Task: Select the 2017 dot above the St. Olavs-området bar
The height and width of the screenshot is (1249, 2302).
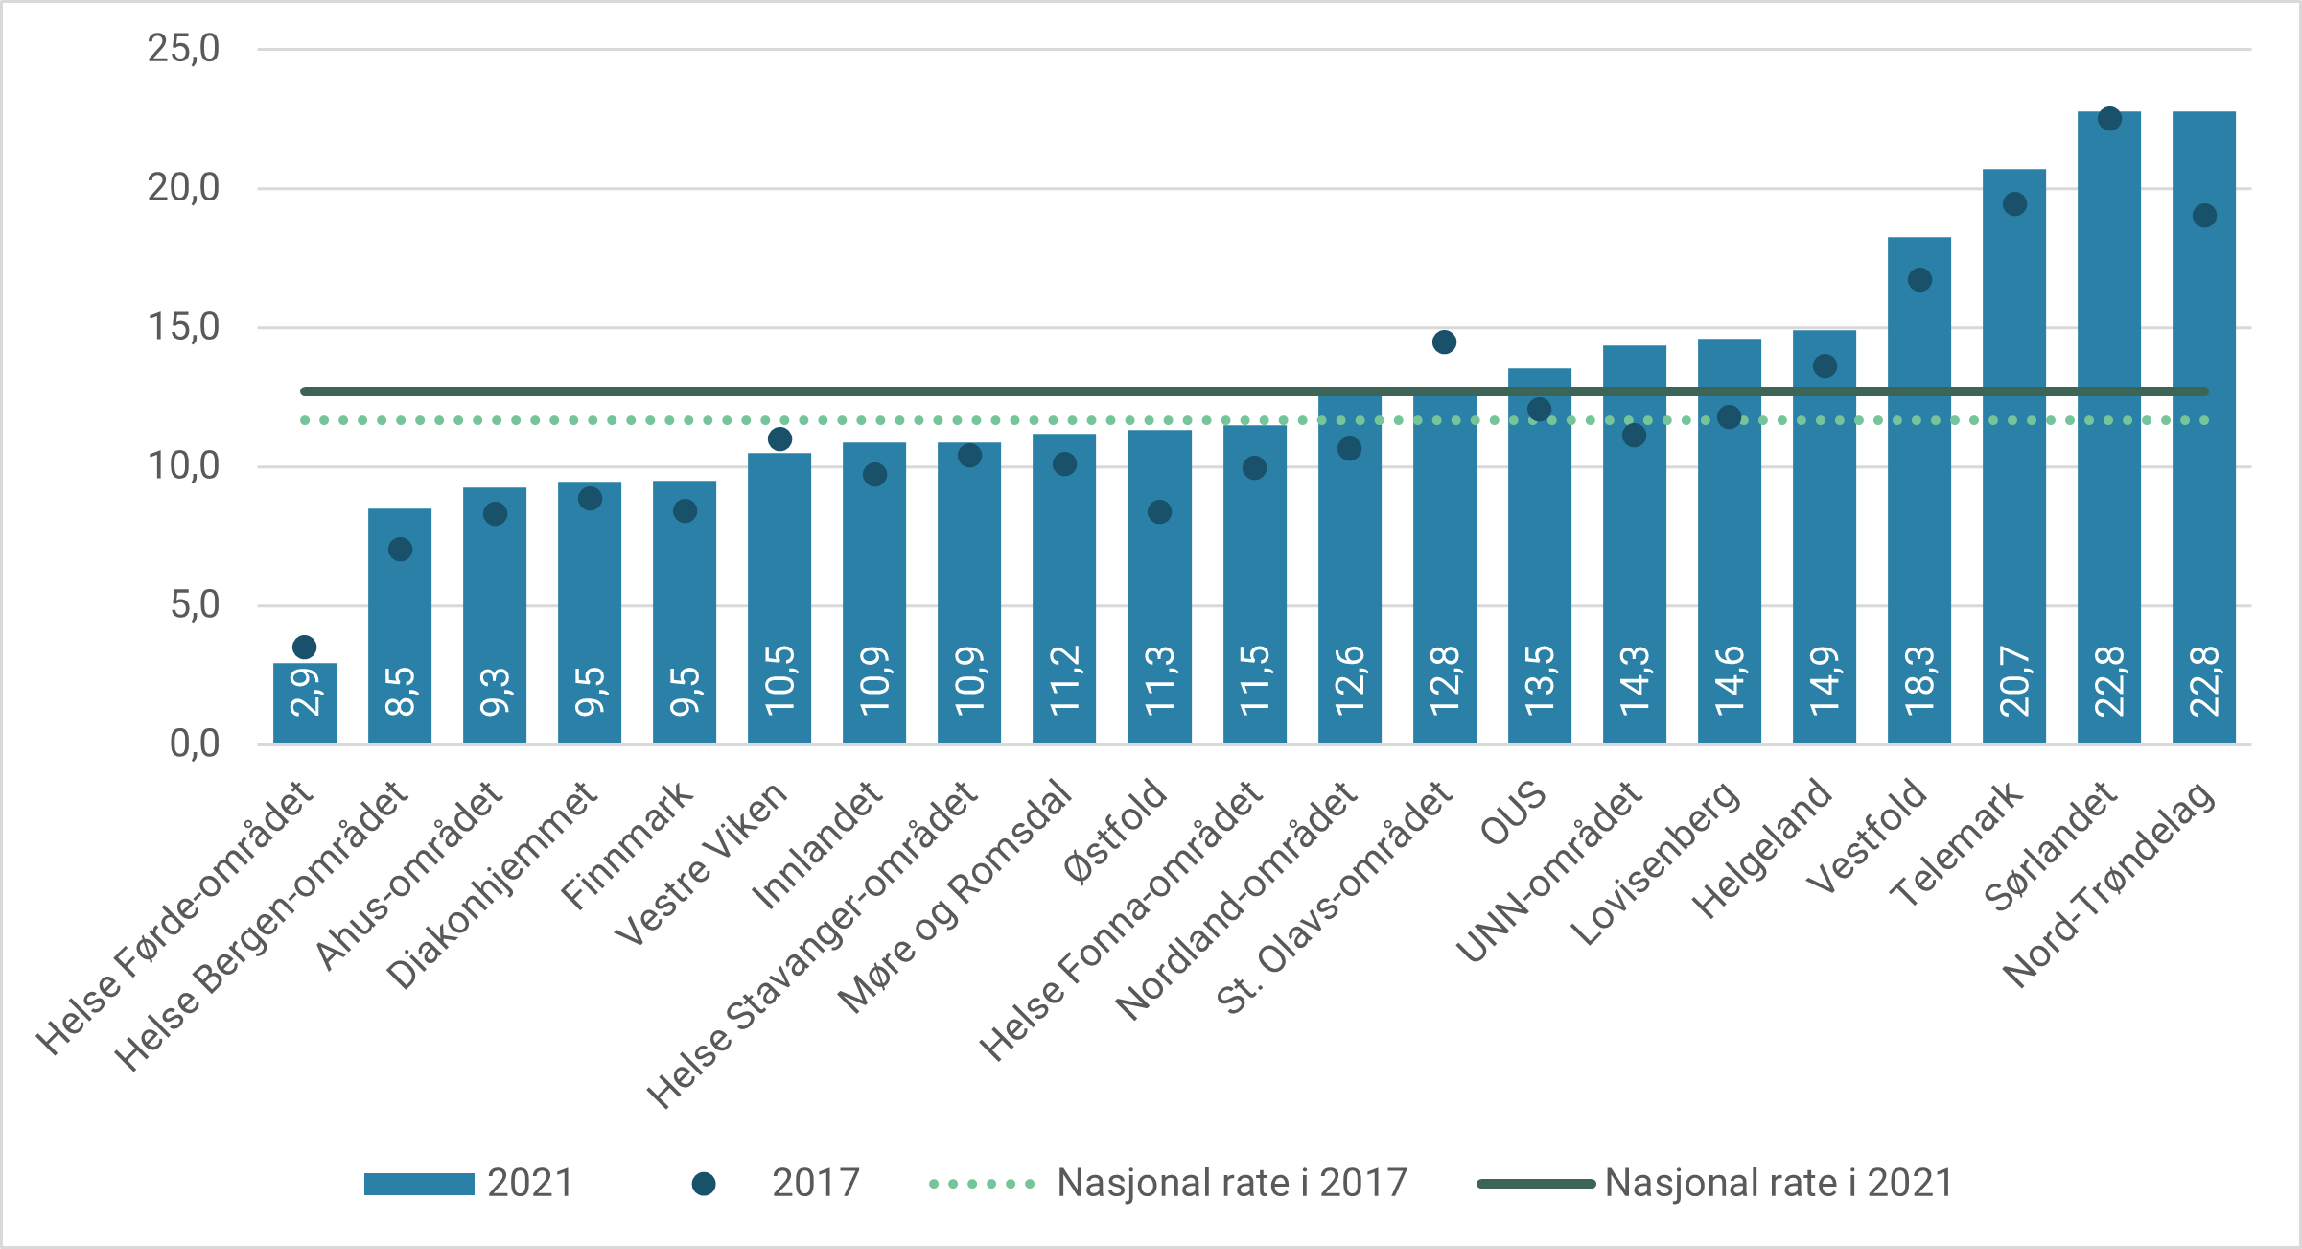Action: click(x=1444, y=342)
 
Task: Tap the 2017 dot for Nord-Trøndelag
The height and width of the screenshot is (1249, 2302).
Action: click(x=2204, y=216)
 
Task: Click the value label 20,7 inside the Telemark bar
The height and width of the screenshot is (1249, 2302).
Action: click(x=2014, y=682)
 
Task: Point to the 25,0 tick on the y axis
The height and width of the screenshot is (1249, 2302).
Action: click(x=183, y=49)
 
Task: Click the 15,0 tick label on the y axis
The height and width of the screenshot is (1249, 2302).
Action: click(x=183, y=327)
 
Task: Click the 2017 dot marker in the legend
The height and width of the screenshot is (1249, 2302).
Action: click(x=704, y=1184)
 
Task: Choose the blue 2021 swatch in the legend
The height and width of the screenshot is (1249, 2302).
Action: click(x=419, y=1184)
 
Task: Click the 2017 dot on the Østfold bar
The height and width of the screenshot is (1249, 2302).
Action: click(x=1159, y=512)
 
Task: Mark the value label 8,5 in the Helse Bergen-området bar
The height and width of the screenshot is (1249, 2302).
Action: click(x=400, y=692)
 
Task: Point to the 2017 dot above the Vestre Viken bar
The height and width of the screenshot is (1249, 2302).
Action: click(x=779, y=439)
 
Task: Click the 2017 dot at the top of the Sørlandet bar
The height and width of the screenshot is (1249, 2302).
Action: click(x=2109, y=119)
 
